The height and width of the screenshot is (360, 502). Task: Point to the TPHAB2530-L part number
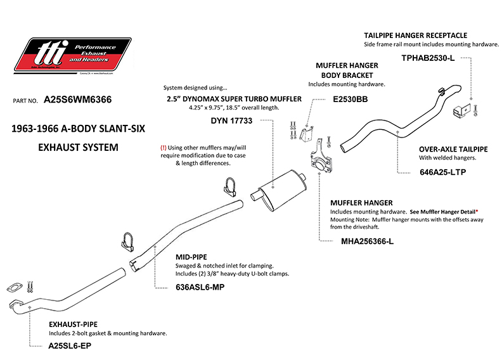click(x=428, y=58)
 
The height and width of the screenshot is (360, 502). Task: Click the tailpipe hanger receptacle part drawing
click(x=461, y=110)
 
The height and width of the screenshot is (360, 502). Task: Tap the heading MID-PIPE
click(x=194, y=257)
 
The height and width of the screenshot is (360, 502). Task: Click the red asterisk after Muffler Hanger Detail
click(x=476, y=211)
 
